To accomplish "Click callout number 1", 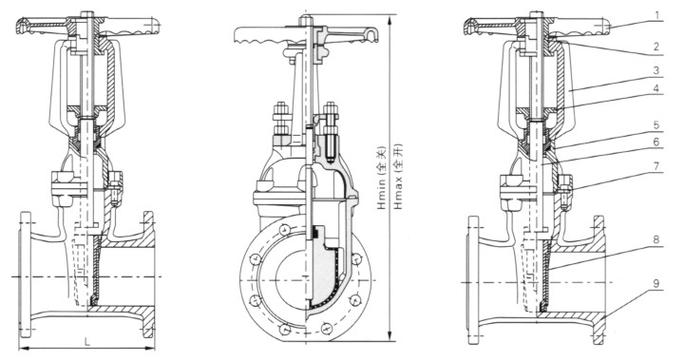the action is (x=657, y=15).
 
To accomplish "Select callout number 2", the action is (x=657, y=47).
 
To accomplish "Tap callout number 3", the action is (x=657, y=69).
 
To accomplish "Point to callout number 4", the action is (x=657, y=88).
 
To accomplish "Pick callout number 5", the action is (x=657, y=126).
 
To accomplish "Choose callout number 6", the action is (x=657, y=142).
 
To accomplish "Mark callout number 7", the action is (x=657, y=166).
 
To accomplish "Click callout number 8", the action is (x=657, y=239).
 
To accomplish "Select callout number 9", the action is (x=657, y=283).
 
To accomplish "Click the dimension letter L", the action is (x=87, y=342).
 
